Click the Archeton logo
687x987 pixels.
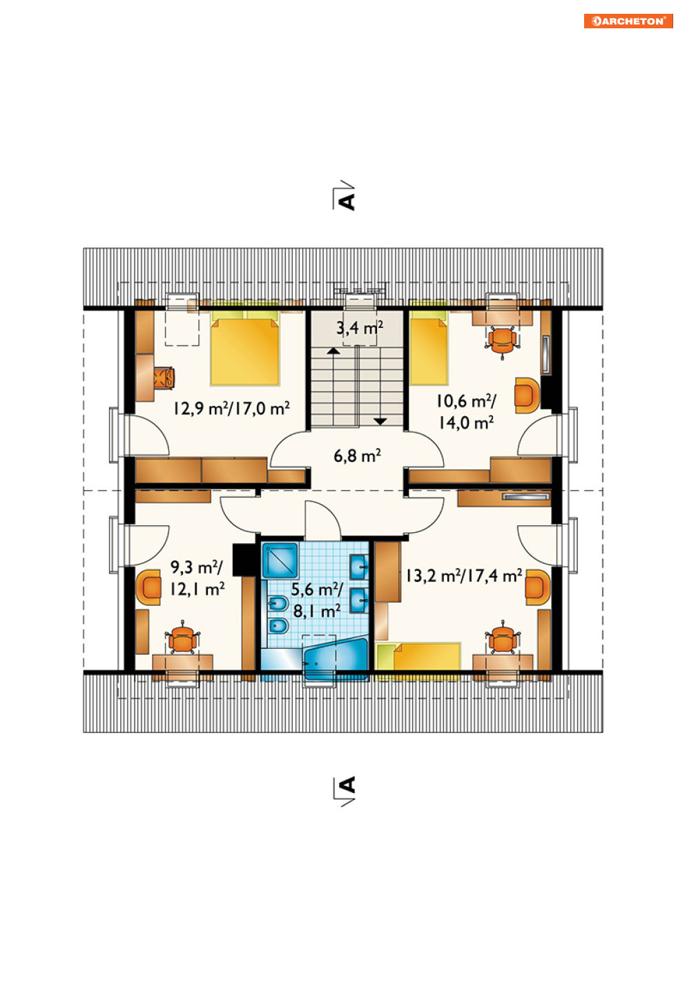[628, 21]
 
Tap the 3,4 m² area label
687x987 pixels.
[360, 328]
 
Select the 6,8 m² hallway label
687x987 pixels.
[357, 456]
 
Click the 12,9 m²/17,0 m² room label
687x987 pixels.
[231, 409]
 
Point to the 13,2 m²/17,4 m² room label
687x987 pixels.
[464, 576]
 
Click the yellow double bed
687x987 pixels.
[245, 348]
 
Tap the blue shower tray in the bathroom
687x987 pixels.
[280, 560]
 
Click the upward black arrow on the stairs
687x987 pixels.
[333, 351]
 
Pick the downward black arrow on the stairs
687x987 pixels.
[380, 421]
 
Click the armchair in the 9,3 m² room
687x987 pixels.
[148, 587]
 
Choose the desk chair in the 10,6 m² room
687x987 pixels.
[502, 342]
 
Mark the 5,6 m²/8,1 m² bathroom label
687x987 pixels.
[316, 600]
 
